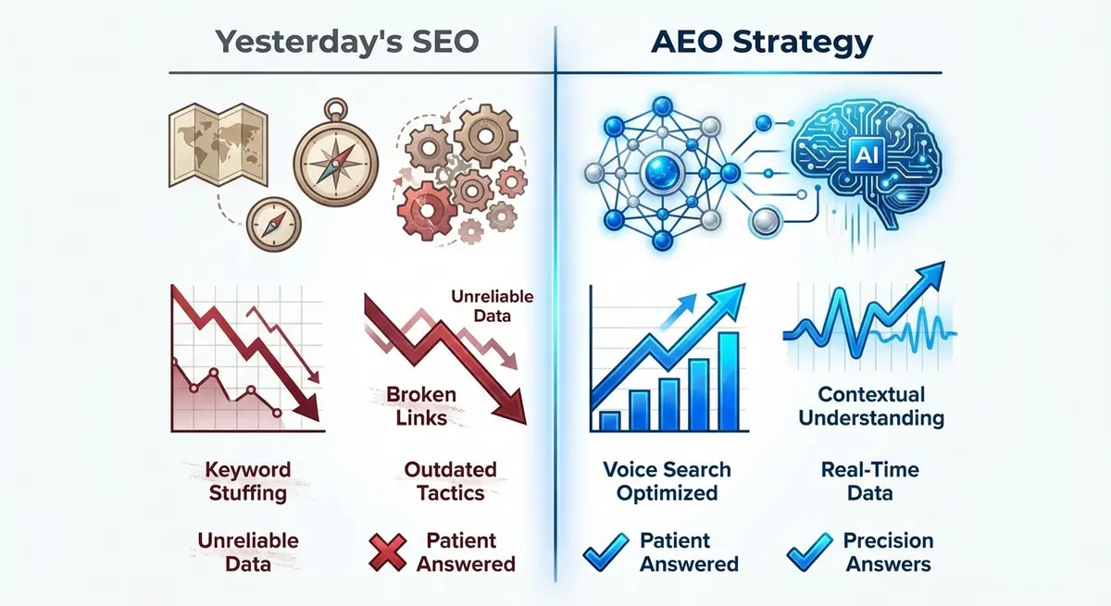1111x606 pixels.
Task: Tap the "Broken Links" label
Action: tap(421, 406)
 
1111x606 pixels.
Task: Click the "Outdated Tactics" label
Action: tap(450, 481)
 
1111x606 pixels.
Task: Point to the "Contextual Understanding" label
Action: tap(871, 406)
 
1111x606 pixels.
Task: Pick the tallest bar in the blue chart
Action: tap(728, 378)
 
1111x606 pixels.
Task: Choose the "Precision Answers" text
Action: tap(888, 551)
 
